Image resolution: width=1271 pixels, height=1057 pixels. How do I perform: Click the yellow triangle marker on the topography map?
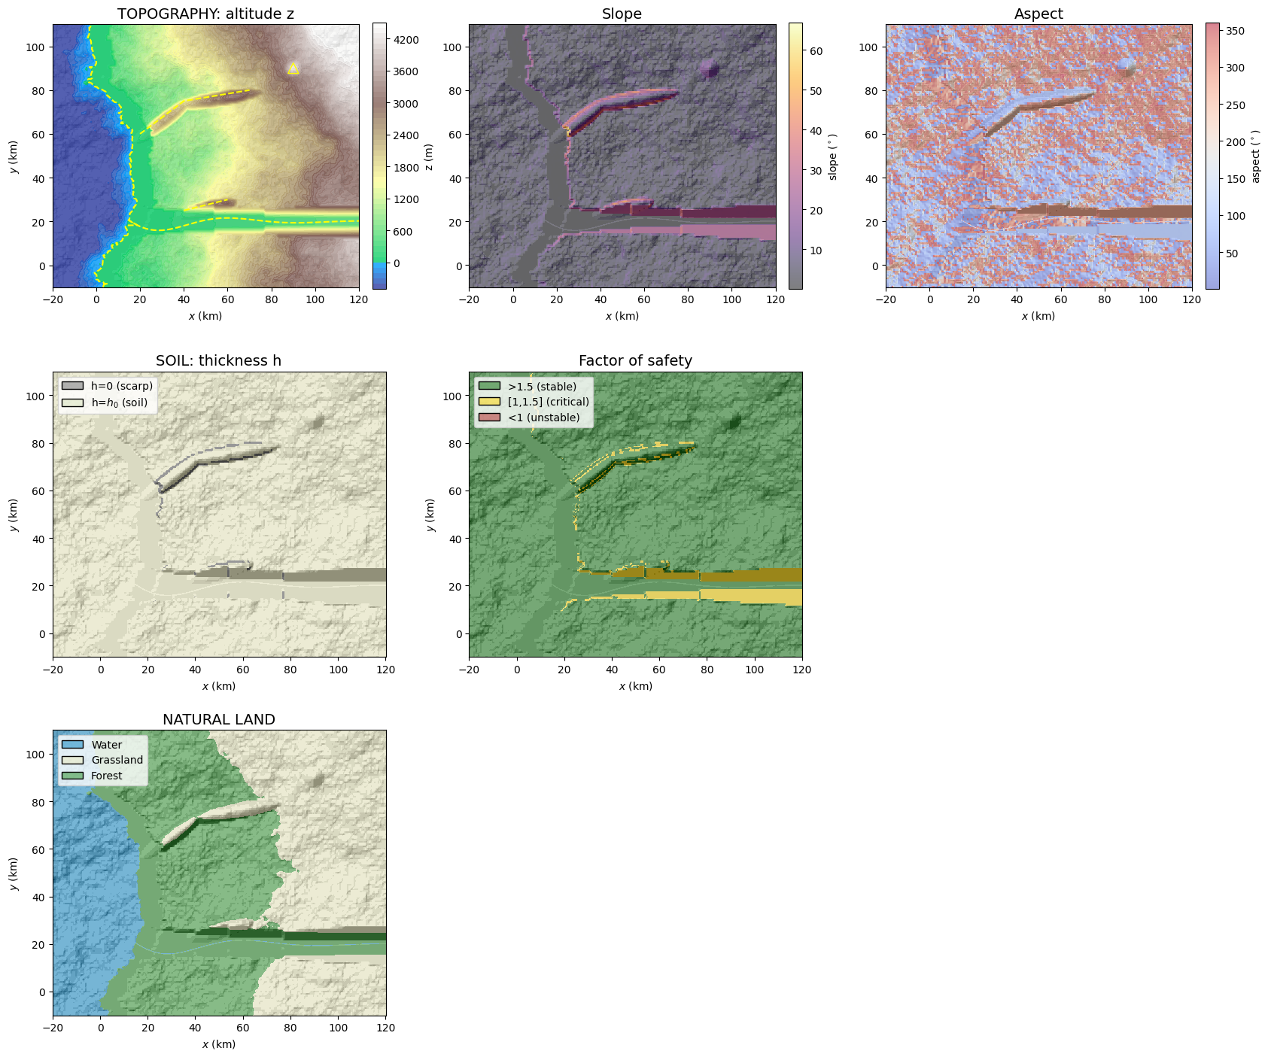[293, 68]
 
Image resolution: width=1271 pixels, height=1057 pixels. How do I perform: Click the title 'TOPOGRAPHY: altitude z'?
[205, 14]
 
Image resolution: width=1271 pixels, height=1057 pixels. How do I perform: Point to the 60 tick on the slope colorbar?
[816, 51]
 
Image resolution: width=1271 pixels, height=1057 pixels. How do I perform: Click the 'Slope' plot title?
[622, 14]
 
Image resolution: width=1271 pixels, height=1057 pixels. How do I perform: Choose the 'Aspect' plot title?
[1038, 14]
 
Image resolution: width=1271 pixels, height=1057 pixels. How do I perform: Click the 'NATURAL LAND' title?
[219, 720]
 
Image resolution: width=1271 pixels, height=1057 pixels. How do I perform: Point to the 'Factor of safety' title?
[635, 361]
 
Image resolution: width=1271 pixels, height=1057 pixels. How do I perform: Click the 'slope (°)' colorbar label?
[833, 157]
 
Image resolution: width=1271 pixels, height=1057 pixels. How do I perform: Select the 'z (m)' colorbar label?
[428, 157]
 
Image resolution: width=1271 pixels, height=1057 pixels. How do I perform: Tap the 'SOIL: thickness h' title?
[219, 361]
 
